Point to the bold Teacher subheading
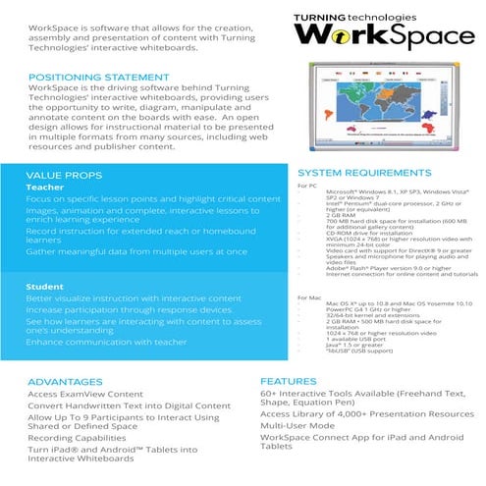click(x=45, y=186)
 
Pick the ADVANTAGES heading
click(x=65, y=381)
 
